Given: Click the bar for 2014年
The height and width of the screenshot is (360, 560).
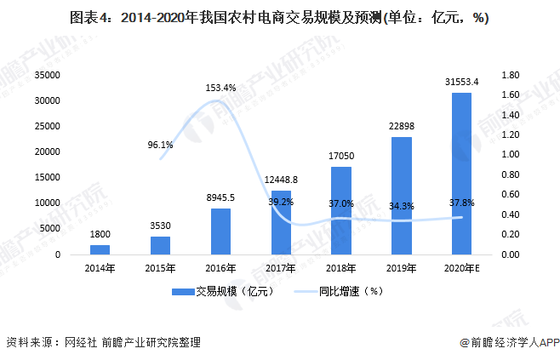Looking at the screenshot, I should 100,249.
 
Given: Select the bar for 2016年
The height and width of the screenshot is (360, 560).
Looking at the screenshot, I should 220,231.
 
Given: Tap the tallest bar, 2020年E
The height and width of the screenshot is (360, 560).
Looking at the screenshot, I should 461,174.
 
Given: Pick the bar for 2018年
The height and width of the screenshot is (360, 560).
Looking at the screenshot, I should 340,210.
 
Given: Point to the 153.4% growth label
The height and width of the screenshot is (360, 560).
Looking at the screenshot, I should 220,88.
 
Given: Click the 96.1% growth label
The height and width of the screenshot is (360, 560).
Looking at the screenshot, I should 160,145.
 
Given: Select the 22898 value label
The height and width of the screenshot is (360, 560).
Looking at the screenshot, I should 401,127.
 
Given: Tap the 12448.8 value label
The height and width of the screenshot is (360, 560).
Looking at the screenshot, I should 281,180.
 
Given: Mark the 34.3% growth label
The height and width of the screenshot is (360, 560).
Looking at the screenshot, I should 401,206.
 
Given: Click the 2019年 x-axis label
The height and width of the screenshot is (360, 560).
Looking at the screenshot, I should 401,269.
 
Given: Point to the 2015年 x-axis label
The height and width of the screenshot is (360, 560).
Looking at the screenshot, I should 160,269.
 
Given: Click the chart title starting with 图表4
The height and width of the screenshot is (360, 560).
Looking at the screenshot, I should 279,18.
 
